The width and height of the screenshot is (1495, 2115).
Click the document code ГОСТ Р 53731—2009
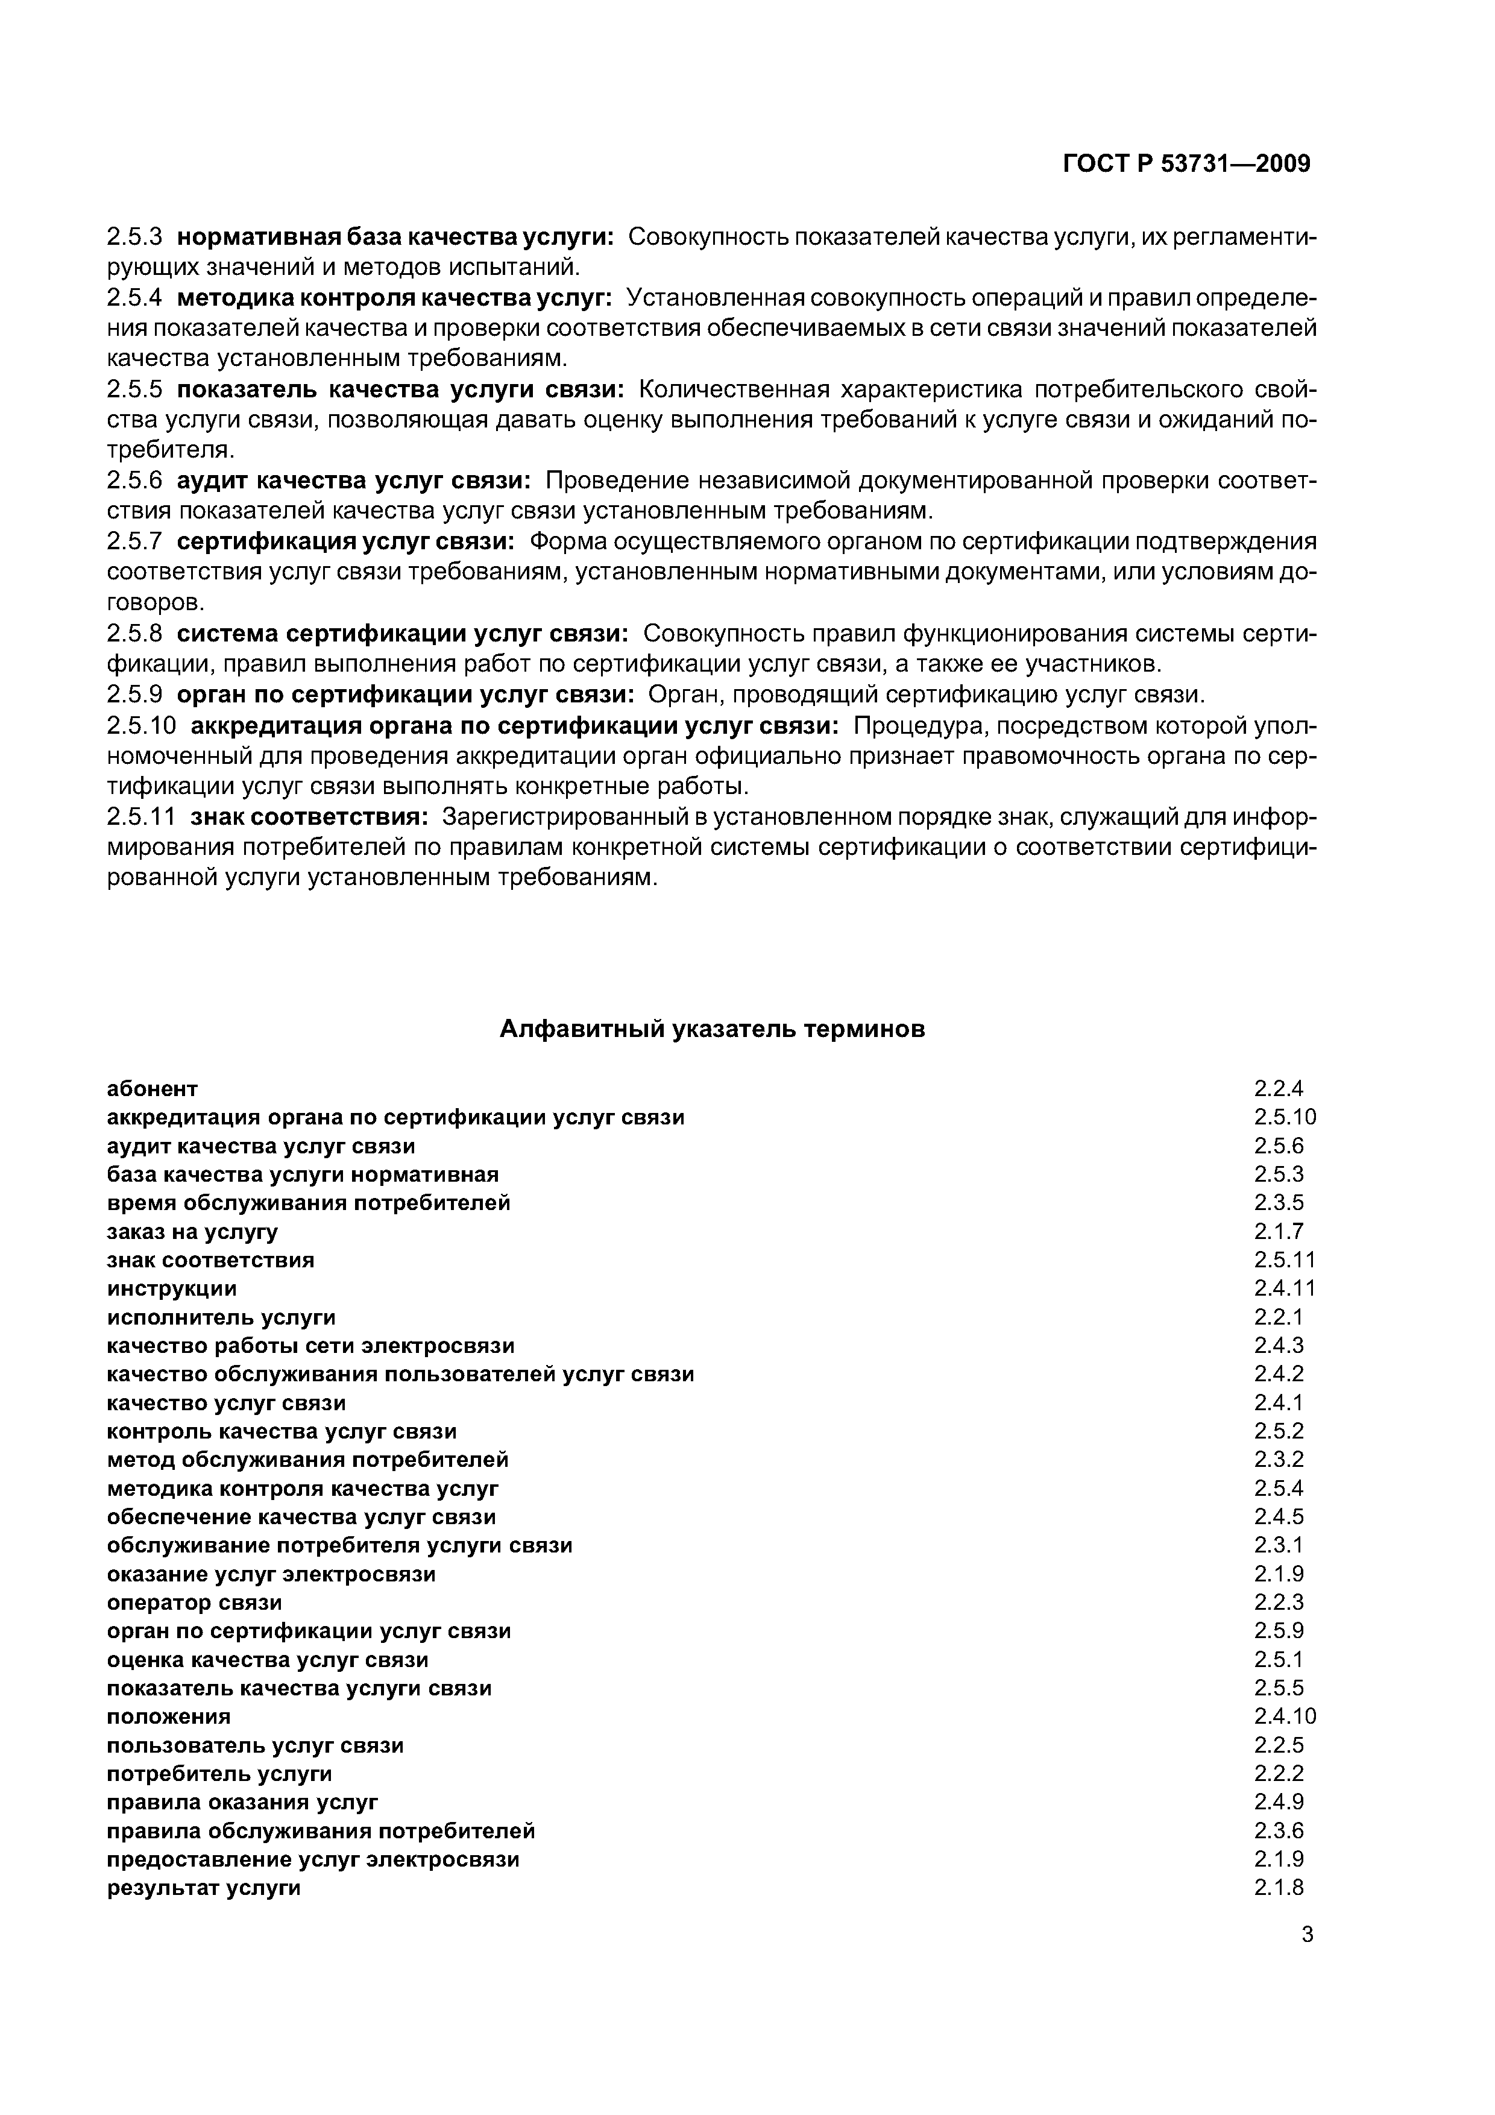tap(1186, 164)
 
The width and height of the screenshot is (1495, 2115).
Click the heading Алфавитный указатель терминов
tap(711, 1029)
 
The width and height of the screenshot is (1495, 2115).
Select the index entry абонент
tap(152, 1089)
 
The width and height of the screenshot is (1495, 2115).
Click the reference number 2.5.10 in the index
tap(1284, 1117)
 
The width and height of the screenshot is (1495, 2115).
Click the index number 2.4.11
tap(1284, 1288)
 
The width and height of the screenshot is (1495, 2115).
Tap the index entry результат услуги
tap(204, 1888)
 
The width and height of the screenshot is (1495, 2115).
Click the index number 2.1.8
tap(1279, 1888)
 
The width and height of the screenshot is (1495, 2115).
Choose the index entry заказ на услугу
tap(192, 1232)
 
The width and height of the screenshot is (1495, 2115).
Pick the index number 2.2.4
tap(1279, 1089)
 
